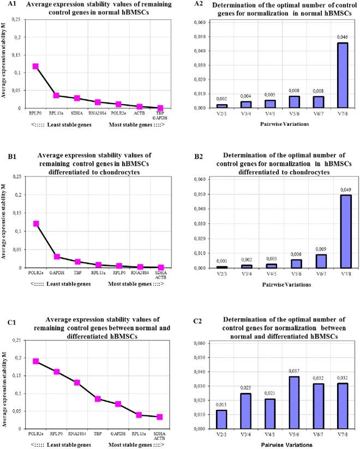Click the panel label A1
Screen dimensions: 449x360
point(9,5)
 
